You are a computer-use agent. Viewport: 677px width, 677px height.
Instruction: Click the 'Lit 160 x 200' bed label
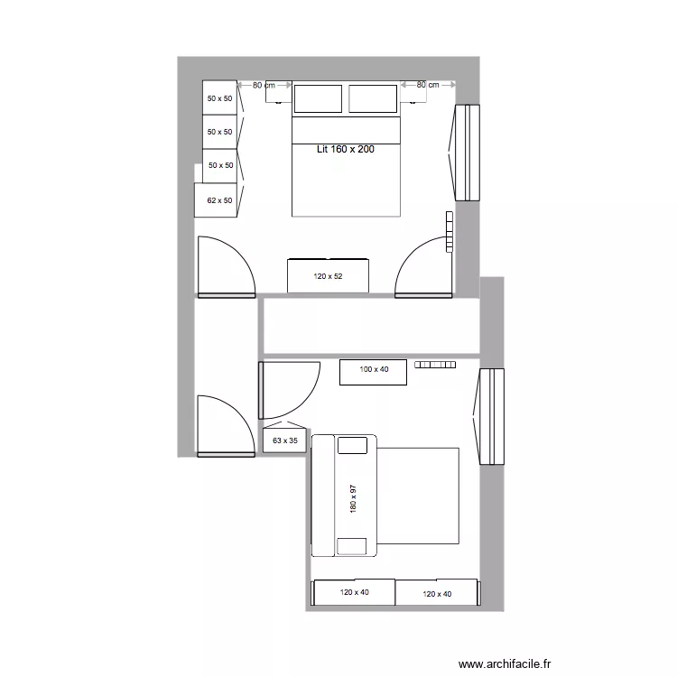coord(345,149)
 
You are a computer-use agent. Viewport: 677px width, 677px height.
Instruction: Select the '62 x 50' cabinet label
coord(219,200)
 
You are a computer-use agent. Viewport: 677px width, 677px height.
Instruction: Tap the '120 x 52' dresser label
coord(328,276)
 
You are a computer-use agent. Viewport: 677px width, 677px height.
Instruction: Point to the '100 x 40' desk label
coord(373,369)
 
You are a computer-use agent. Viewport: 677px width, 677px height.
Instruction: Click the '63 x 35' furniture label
coord(284,441)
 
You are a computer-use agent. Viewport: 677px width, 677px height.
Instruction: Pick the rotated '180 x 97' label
coord(354,499)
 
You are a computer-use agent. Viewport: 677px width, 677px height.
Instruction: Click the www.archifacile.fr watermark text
coord(504,663)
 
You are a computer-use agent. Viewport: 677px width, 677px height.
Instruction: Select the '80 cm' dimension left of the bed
coord(264,85)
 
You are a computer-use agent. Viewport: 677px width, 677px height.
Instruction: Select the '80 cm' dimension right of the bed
coord(427,85)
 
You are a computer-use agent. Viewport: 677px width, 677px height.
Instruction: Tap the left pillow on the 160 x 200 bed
coord(318,98)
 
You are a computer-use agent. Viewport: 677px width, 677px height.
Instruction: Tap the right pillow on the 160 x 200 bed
coord(373,98)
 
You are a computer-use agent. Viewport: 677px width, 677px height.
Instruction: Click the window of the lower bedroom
coord(490,416)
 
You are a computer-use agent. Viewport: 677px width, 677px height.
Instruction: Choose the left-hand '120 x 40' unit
coord(354,593)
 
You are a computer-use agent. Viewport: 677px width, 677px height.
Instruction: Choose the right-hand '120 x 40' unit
coord(437,593)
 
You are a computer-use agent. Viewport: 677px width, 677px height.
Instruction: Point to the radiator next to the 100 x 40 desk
coord(436,365)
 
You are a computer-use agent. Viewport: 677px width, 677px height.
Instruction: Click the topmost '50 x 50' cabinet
coord(219,97)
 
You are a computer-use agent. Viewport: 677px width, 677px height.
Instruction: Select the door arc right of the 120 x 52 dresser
coord(422,267)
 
